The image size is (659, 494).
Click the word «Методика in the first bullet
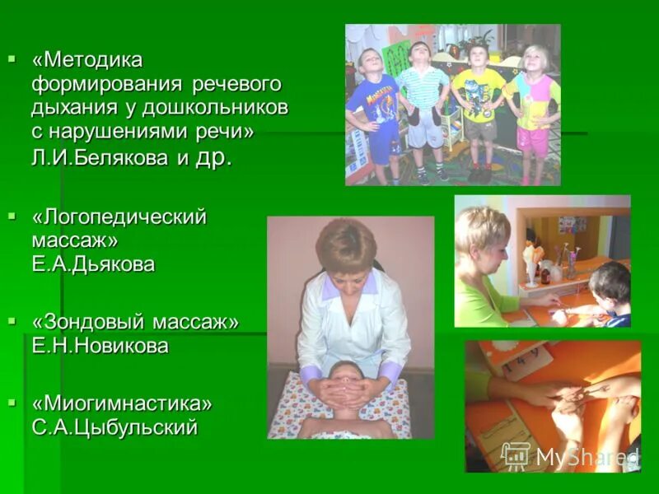87,60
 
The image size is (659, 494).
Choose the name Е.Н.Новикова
100,346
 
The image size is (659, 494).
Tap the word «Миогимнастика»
122,403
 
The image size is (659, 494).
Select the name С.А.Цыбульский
115,427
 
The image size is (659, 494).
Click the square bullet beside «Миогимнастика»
12,402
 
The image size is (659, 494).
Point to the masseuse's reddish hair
345,243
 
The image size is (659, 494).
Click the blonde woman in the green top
481,263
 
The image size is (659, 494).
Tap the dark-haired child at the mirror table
610,292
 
